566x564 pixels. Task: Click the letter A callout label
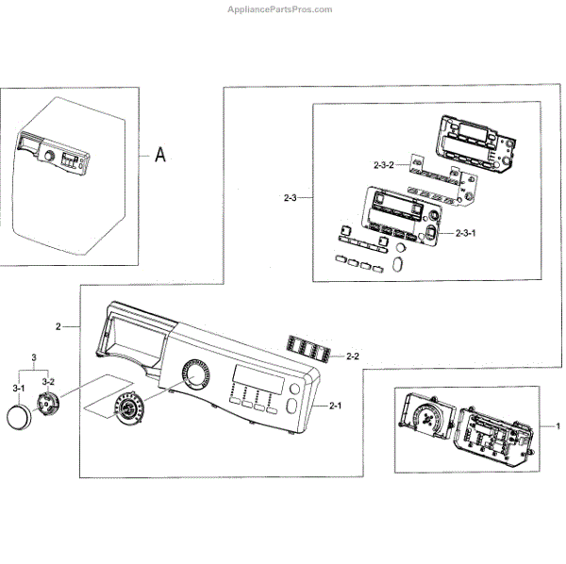tap(160, 154)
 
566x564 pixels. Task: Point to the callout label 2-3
tap(291, 198)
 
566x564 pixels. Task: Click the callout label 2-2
tap(355, 356)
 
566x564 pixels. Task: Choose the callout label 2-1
tap(337, 406)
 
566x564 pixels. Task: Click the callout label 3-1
tap(19, 388)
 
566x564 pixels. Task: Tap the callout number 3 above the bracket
tap(34, 359)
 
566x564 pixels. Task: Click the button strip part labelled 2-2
tap(312, 349)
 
